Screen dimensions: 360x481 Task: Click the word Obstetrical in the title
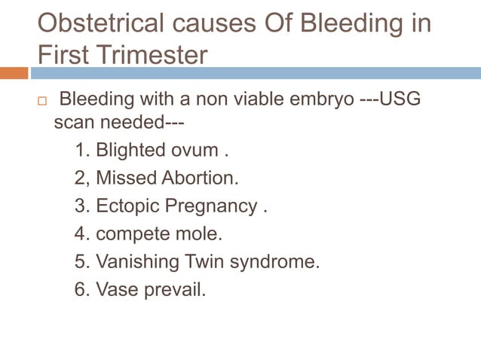pyautogui.click(x=100, y=23)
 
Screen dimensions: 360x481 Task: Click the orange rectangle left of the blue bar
pyautogui.click(x=14, y=73)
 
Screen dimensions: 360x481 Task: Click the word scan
pyautogui.click(x=74, y=121)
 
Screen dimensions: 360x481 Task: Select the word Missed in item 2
pyautogui.click(x=127, y=178)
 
